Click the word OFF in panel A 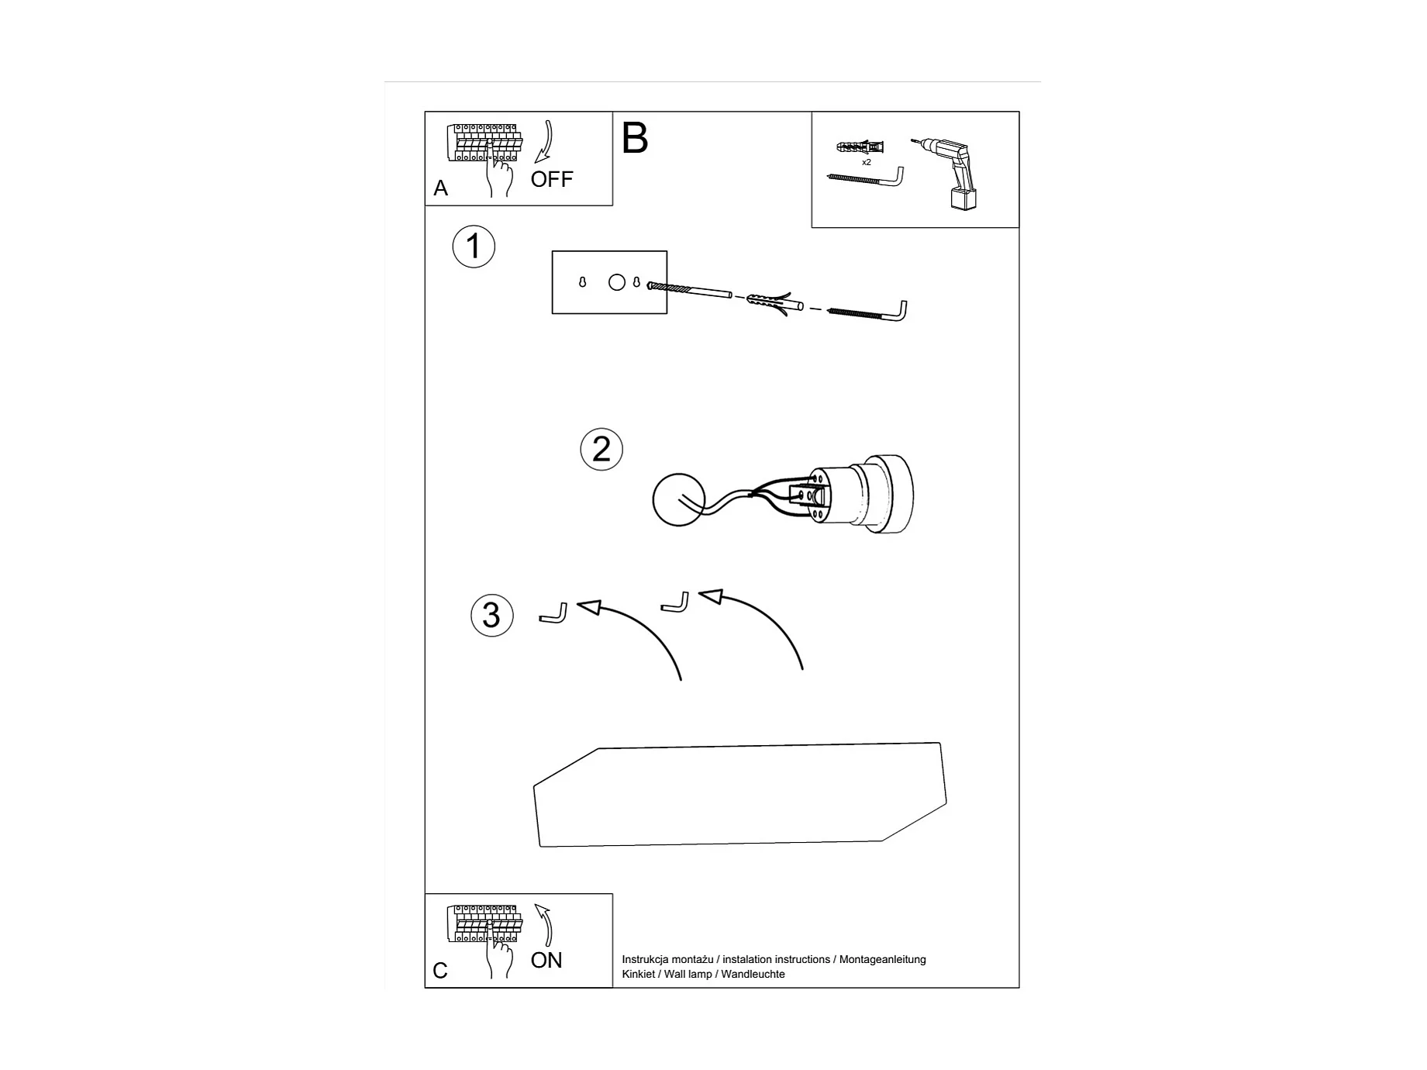point(551,179)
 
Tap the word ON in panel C point(546,960)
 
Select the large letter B point(634,139)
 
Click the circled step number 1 point(474,247)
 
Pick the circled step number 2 point(601,450)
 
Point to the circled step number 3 point(491,616)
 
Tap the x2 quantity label point(867,163)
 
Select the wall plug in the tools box point(861,146)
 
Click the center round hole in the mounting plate point(617,282)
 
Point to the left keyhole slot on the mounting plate point(583,283)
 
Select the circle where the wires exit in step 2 point(678,500)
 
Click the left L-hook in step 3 point(553,615)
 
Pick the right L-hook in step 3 point(674,603)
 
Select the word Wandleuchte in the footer point(753,975)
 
